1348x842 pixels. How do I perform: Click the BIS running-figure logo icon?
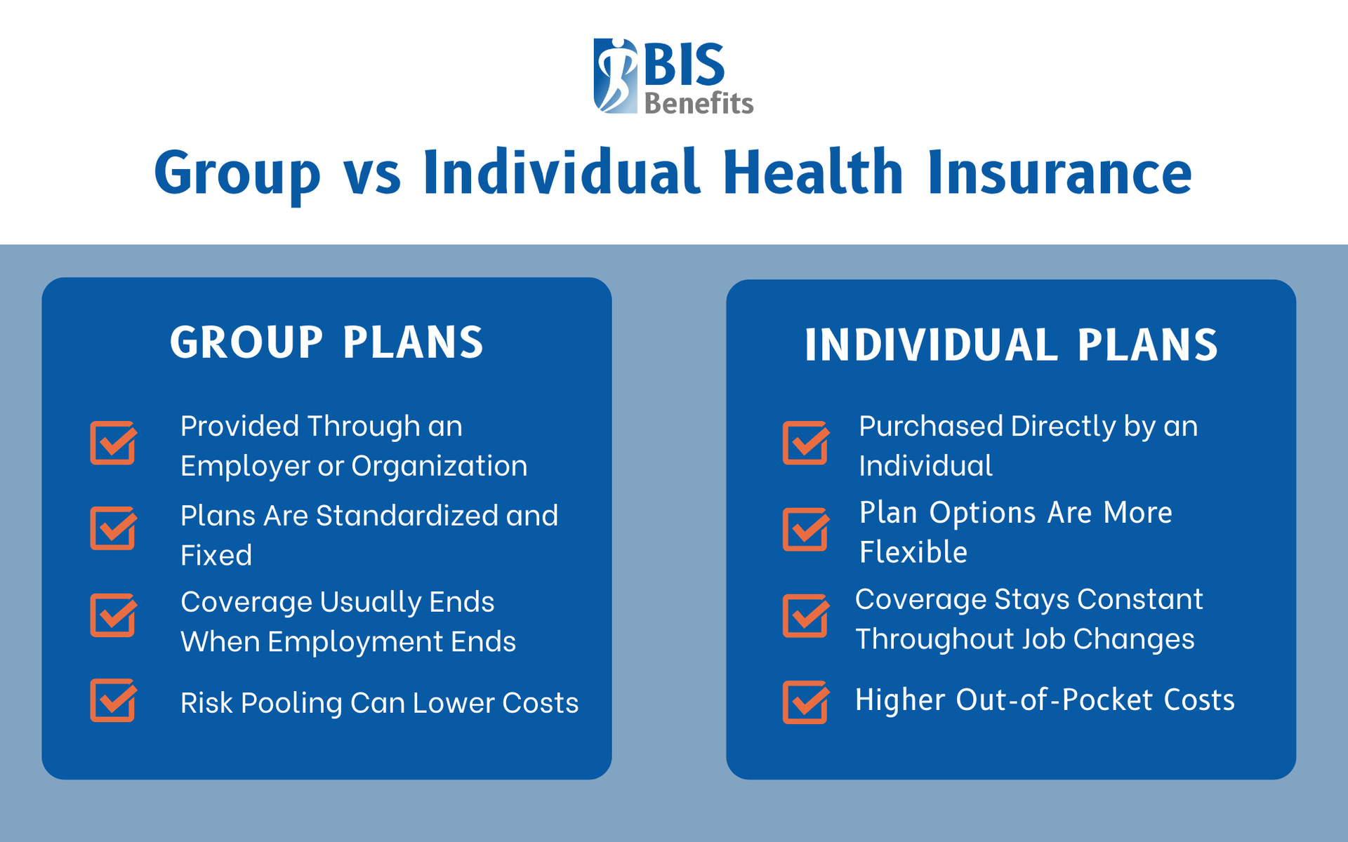[x=615, y=76]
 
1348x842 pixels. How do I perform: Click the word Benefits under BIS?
[x=699, y=104]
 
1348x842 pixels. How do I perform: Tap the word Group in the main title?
[x=237, y=174]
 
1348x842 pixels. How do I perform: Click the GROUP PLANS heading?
[x=327, y=342]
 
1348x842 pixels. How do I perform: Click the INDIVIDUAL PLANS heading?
[x=1011, y=345]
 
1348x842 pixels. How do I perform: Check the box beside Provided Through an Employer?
[x=112, y=443]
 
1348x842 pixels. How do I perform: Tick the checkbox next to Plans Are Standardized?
[x=112, y=529]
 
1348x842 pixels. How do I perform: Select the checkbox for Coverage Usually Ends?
[x=112, y=616]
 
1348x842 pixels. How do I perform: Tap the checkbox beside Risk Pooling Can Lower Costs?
[x=112, y=701]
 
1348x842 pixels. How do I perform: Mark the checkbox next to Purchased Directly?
[x=805, y=443]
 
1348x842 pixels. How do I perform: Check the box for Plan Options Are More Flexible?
[x=805, y=530]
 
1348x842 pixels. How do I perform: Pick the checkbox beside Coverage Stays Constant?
[x=805, y=617]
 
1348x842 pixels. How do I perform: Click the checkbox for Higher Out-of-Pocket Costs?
[x=805, y=702]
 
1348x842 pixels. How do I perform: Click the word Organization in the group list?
[x=440, y=467]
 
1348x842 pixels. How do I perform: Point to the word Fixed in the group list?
[x=216, y=556]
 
